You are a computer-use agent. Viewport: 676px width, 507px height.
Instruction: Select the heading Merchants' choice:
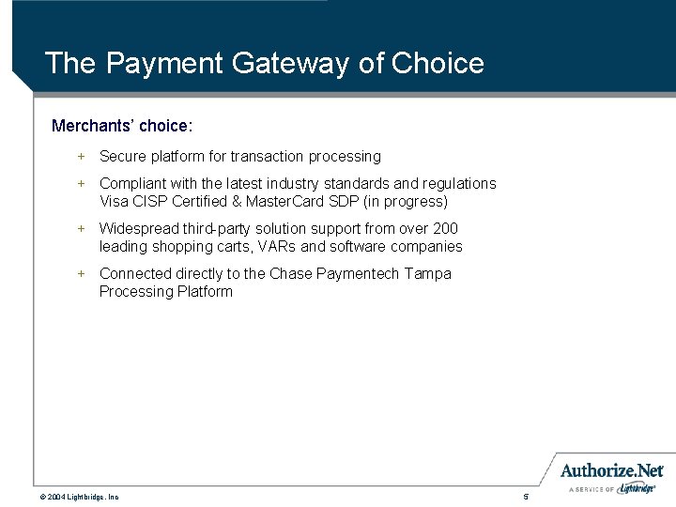tap(122, 125)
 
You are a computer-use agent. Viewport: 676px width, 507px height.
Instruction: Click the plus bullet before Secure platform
tap(81, 156)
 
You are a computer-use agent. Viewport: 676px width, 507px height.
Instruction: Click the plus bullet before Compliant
tap(81, 183)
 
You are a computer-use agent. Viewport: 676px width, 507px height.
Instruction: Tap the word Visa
tap(115, 201)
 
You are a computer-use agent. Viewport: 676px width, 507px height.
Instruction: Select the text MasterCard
tap(281, 201)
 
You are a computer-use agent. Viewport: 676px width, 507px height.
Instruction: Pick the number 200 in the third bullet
tap(445, 228)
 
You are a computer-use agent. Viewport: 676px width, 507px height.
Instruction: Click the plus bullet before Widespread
tap(81, 228)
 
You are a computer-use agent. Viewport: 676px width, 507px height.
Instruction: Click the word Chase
tap(291, 273)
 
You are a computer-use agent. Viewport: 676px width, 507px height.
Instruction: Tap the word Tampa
tap(429, 273)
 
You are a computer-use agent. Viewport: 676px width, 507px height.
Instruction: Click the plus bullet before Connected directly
tap(81, 273)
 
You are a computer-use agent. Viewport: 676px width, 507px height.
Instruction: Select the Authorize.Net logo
tap(611, 470)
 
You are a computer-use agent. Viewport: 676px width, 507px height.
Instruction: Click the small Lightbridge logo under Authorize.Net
tap(638, 488)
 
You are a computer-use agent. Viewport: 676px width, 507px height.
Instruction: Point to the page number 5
tap(527, 496)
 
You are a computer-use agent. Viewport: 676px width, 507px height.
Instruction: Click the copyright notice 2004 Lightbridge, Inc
tap(79, 496)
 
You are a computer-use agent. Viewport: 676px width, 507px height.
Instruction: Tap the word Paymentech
tap(359, 273)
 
